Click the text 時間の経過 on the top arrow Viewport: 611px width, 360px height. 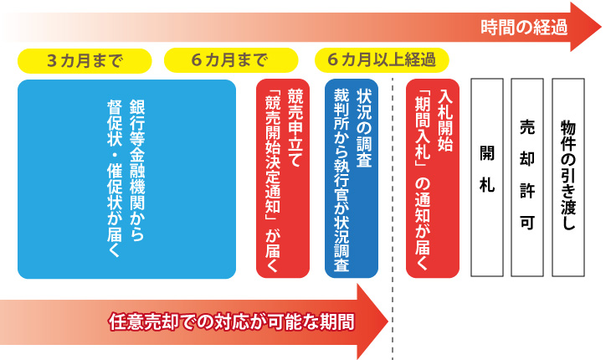point(524,28)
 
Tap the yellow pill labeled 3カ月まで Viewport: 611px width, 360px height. point(85,61)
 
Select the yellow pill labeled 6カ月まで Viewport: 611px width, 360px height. point(231,60)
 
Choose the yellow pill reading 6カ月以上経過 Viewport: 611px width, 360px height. point(382,60)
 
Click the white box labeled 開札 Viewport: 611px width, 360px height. point(487,177)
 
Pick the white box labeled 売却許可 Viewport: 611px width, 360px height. point(527,177)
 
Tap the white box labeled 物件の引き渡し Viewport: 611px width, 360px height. point(568,177)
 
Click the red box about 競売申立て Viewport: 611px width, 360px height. point(283,179)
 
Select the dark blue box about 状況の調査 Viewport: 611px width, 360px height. point(352,179)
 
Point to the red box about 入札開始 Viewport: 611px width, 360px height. point(433,179)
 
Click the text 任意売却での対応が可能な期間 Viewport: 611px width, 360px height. point(232,321)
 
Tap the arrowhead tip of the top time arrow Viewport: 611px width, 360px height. point(601,28)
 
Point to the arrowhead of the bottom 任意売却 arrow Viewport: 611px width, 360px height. point(373,321)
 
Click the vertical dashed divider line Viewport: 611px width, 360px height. point(393,219)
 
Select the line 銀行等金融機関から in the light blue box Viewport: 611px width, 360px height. point(137,170)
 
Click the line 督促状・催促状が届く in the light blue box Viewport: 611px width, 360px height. point(115,178)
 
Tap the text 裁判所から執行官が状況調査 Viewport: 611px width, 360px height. point(341,180)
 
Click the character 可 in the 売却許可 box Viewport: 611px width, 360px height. point(527,223)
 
